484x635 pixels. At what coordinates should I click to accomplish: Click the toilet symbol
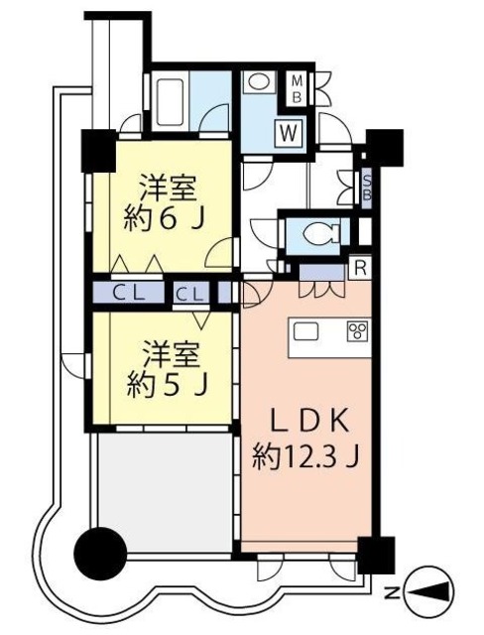[x=316, y=234]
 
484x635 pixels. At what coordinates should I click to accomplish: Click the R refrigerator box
[x=362, y=267]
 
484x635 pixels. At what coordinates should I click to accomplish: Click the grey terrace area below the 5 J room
[x=163, y=480]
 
